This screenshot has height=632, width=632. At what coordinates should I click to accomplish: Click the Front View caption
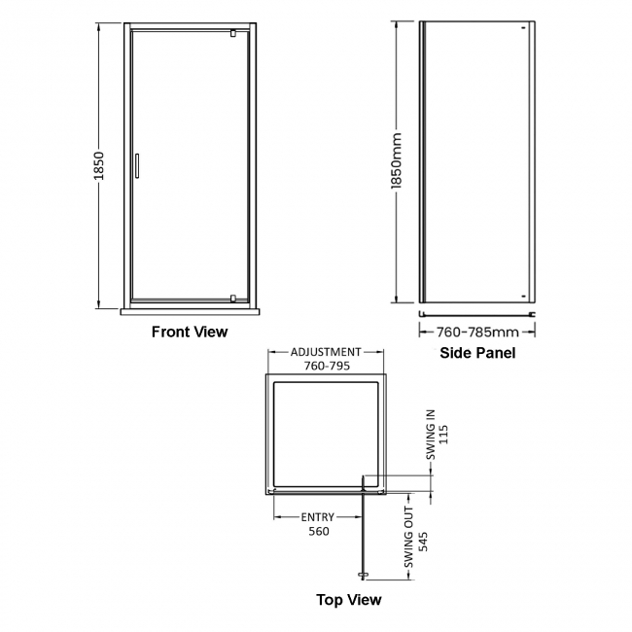(190, 332)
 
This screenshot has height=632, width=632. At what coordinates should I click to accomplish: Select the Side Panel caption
(477, 353)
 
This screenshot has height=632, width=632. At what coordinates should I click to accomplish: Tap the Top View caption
(348, 600)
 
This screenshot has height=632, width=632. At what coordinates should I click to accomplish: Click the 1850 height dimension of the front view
(98, 166)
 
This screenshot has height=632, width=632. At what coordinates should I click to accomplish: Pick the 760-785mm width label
(478, 332)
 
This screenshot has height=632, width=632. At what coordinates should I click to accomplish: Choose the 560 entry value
(319, 531)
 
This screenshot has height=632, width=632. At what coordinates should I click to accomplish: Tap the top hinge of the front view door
(233, 34)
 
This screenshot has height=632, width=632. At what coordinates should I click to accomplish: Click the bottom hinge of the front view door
(233, 298)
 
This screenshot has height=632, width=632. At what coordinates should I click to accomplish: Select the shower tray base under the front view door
(189, 312)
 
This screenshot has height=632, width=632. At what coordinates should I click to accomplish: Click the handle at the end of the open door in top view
(365, 573)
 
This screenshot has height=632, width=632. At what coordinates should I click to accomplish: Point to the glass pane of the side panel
(476, 165)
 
